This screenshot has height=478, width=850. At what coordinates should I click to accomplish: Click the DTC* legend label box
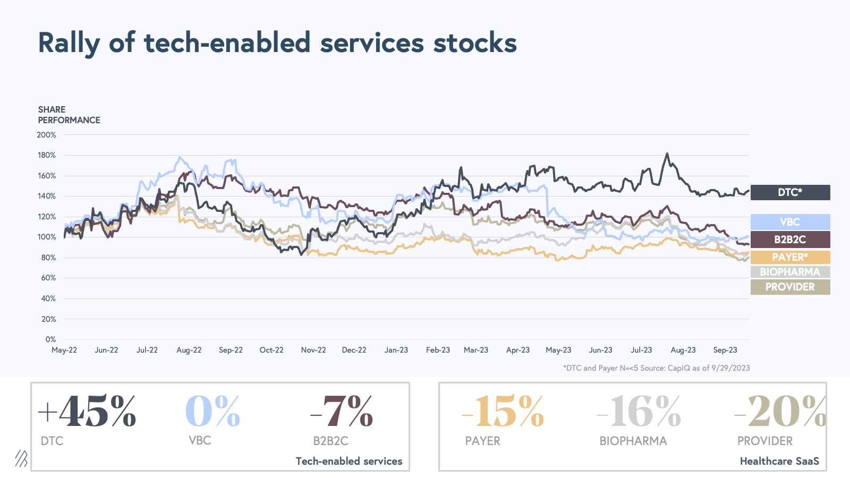(790, 192)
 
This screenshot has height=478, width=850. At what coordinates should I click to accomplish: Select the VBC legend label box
(790, 222)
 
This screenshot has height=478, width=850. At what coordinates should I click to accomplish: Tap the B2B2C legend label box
(790, 240)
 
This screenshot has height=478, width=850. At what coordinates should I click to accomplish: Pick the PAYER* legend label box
(790, 257)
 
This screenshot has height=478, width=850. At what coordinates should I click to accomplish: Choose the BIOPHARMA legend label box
(790, 272)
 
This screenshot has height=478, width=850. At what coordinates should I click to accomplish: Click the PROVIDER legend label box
(790, 287)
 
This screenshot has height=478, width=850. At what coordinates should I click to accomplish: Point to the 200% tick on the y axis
(46, 135)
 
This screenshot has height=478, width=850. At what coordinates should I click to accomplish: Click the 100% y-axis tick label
(46, 237)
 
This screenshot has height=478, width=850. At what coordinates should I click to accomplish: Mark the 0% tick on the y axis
(50, 339)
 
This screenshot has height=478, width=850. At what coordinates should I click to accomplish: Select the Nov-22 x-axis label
(313, 350)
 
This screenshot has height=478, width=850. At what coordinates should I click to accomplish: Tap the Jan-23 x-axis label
(396, 350)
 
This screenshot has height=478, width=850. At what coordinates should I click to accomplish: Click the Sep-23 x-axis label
(725, 350)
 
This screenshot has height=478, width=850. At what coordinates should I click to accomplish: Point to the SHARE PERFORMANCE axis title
(69, 115)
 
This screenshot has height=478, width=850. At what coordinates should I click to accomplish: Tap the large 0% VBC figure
(212, 412)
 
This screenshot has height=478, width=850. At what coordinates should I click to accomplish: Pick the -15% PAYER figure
(503, 412)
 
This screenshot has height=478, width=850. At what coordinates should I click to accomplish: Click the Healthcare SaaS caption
(779, 461)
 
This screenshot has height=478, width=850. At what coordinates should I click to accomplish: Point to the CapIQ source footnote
(656, 368)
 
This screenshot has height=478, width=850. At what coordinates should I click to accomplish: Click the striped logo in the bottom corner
(21, 458)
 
